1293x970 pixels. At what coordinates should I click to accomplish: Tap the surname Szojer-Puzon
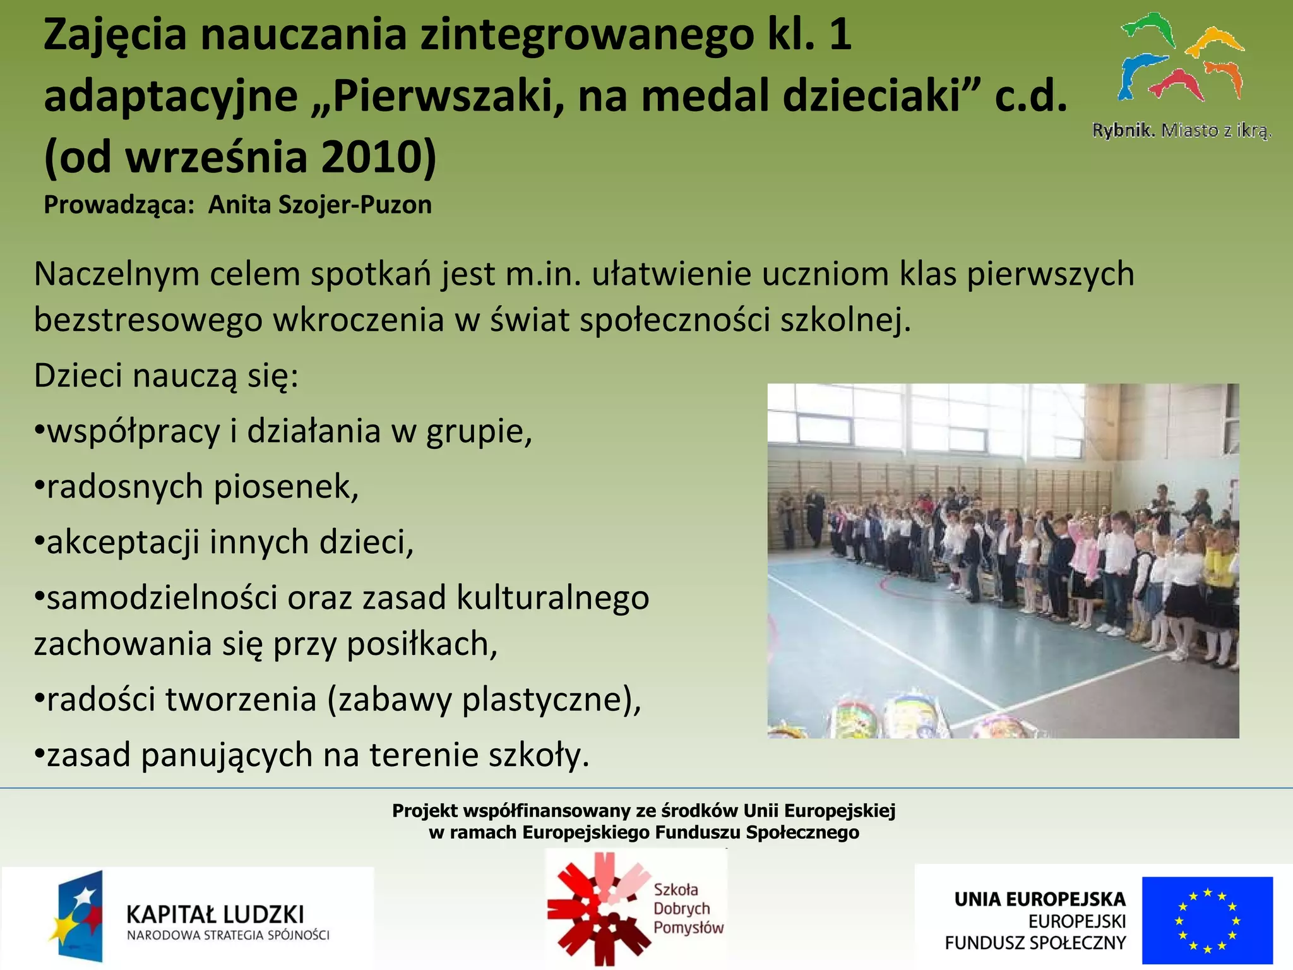[320, 205]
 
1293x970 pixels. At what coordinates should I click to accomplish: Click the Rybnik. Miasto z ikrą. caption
[1181, 131]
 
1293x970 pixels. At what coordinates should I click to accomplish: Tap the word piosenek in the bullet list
[285, 487]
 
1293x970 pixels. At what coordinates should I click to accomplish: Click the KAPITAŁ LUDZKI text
[215, 914]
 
